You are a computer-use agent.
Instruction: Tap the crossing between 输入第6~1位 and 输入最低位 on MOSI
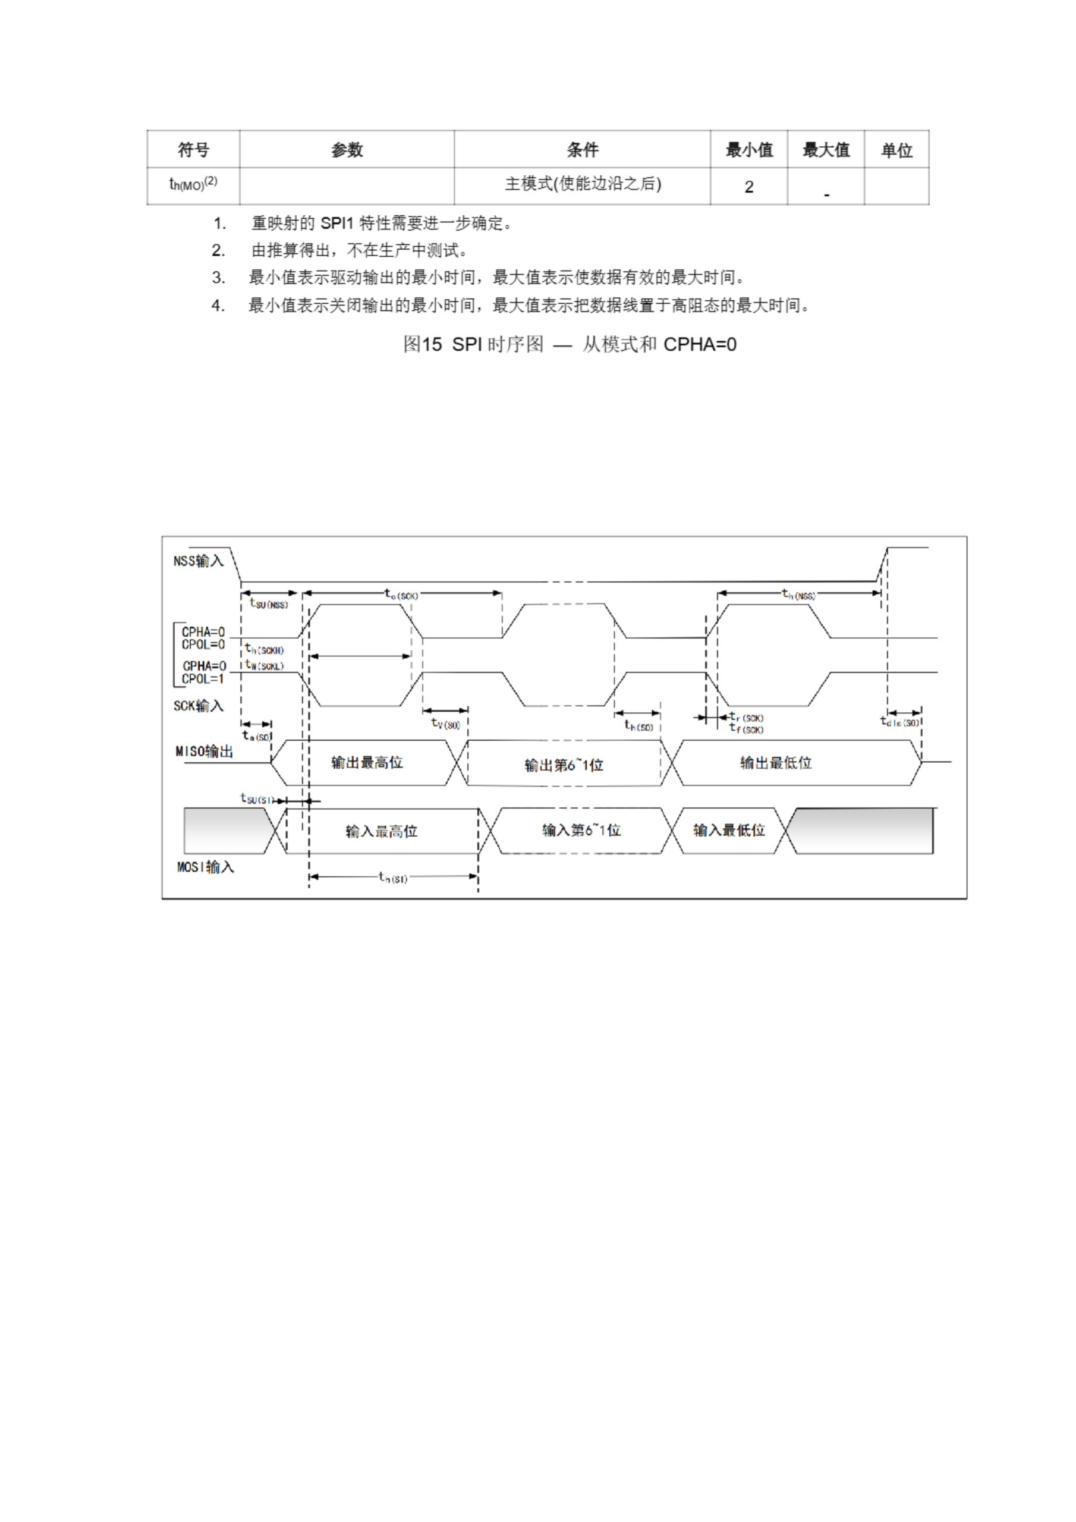point(672,830)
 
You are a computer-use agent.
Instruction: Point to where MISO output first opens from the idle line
point(271,762)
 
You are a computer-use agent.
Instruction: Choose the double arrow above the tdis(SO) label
point(904,713)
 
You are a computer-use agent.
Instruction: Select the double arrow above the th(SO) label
point(637,713)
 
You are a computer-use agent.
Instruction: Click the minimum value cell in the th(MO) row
point(748,186)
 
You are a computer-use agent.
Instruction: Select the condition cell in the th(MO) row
point(582,185)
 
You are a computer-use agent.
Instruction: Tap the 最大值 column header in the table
point(825,150)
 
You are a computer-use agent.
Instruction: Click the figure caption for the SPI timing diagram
point(570,344)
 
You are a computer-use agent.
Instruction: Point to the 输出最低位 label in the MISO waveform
point(776,762)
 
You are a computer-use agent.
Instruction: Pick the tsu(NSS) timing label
point(269,603)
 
